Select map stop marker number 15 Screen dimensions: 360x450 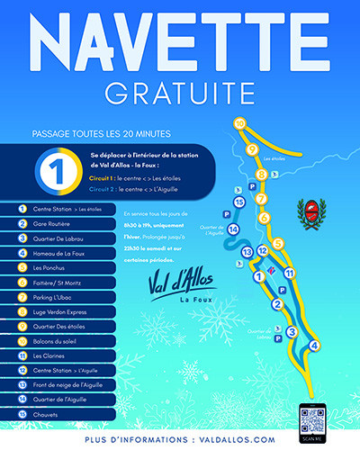pyautogui.click(x=239, y=202)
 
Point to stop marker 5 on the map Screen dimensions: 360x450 pyautogui.click(x=279, y=243)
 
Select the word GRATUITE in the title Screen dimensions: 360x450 pyautogui.click(x=180, y=92)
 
